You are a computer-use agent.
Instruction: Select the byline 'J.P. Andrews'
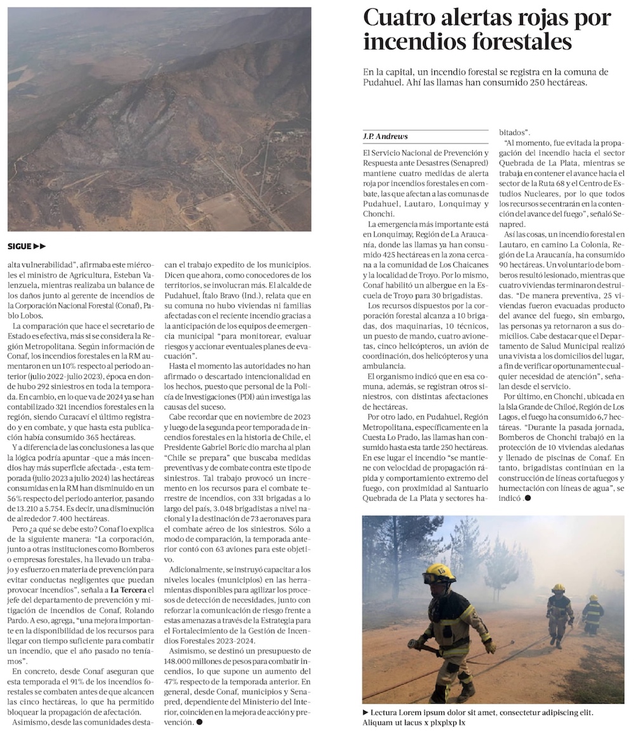pos(385,136)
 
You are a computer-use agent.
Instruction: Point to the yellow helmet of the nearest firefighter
pos(439,573)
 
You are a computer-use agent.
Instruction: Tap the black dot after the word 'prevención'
pos(199,722)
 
